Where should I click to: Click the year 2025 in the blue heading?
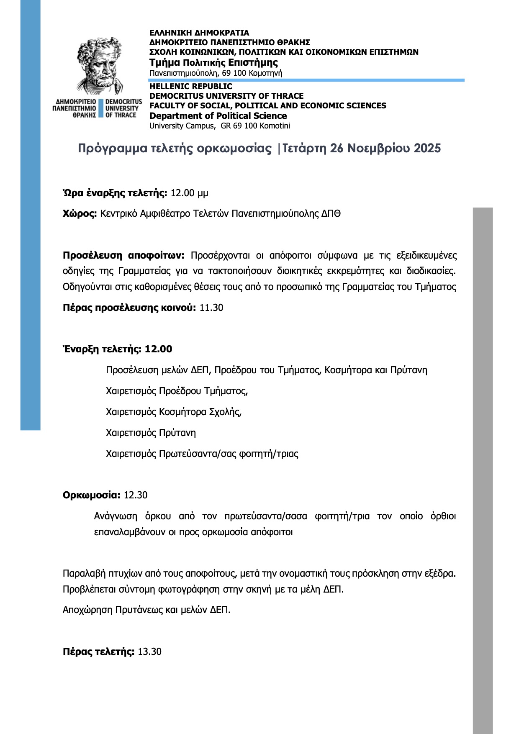pyautogui.click(x=427, y=149)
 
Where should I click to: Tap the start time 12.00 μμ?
pyautogui.click(x=189, y=193)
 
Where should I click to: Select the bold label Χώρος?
pyautogui.click(x=80, y=213)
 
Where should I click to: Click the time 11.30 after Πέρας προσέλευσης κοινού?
pyautogui.click(x=211, y=308)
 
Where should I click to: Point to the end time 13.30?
pyautogui.click(x=149, y=652)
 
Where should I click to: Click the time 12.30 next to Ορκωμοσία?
pyautogui.click(x=136, y=495)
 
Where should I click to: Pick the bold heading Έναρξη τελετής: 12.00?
pyautogui.click(x=117, y=349)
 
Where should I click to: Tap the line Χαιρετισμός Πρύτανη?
pyautogui.click(x=151, y=433)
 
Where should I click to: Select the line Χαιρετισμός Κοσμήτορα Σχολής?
pyautogui.click(x=174, y=412)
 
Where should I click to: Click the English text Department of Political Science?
pyautogui.click(x=218, y=116)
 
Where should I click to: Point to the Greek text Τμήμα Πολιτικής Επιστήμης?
pyautogui.click(x=213, y=63)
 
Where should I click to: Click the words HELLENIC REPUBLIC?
pyautogui.click(x=190, y=86)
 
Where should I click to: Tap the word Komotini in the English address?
pyautogui.click(x=275, y=126)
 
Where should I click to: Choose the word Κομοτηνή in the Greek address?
pyautogui.click(x=265, y=73)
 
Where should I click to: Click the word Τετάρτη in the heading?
pyautogui.click(x=304, y=149)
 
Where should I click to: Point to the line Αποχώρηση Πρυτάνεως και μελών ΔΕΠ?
pyautogui.click(x=146, y=610)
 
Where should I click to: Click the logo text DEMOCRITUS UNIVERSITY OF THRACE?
pyautogui.click(x=123, y=108)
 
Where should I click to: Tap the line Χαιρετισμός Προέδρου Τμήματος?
pyautogui.click(x=177, y=391)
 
